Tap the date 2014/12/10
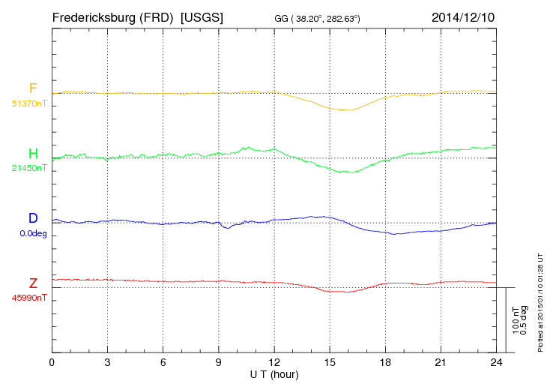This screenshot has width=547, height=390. pyautogui.click(x=462, y=16)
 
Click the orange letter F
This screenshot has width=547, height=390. pyautogui.click(x=33, y=88)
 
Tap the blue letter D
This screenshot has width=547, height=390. pyautogui.click(x=33, y=218)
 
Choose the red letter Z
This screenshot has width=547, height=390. pyautogui.click(x=33, y=283)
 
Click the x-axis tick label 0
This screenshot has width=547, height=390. pyautogui.click(x=52, y=363)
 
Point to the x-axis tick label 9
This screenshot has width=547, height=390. pyautogui.click(x=219, y=363)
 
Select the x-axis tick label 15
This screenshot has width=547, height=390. pyautogui.click(x=330, y=363)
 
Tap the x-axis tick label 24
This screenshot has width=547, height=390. pyautogui.click(x=495, y=363)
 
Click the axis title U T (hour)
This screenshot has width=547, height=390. pyautogui.click(x=273, y=373)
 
